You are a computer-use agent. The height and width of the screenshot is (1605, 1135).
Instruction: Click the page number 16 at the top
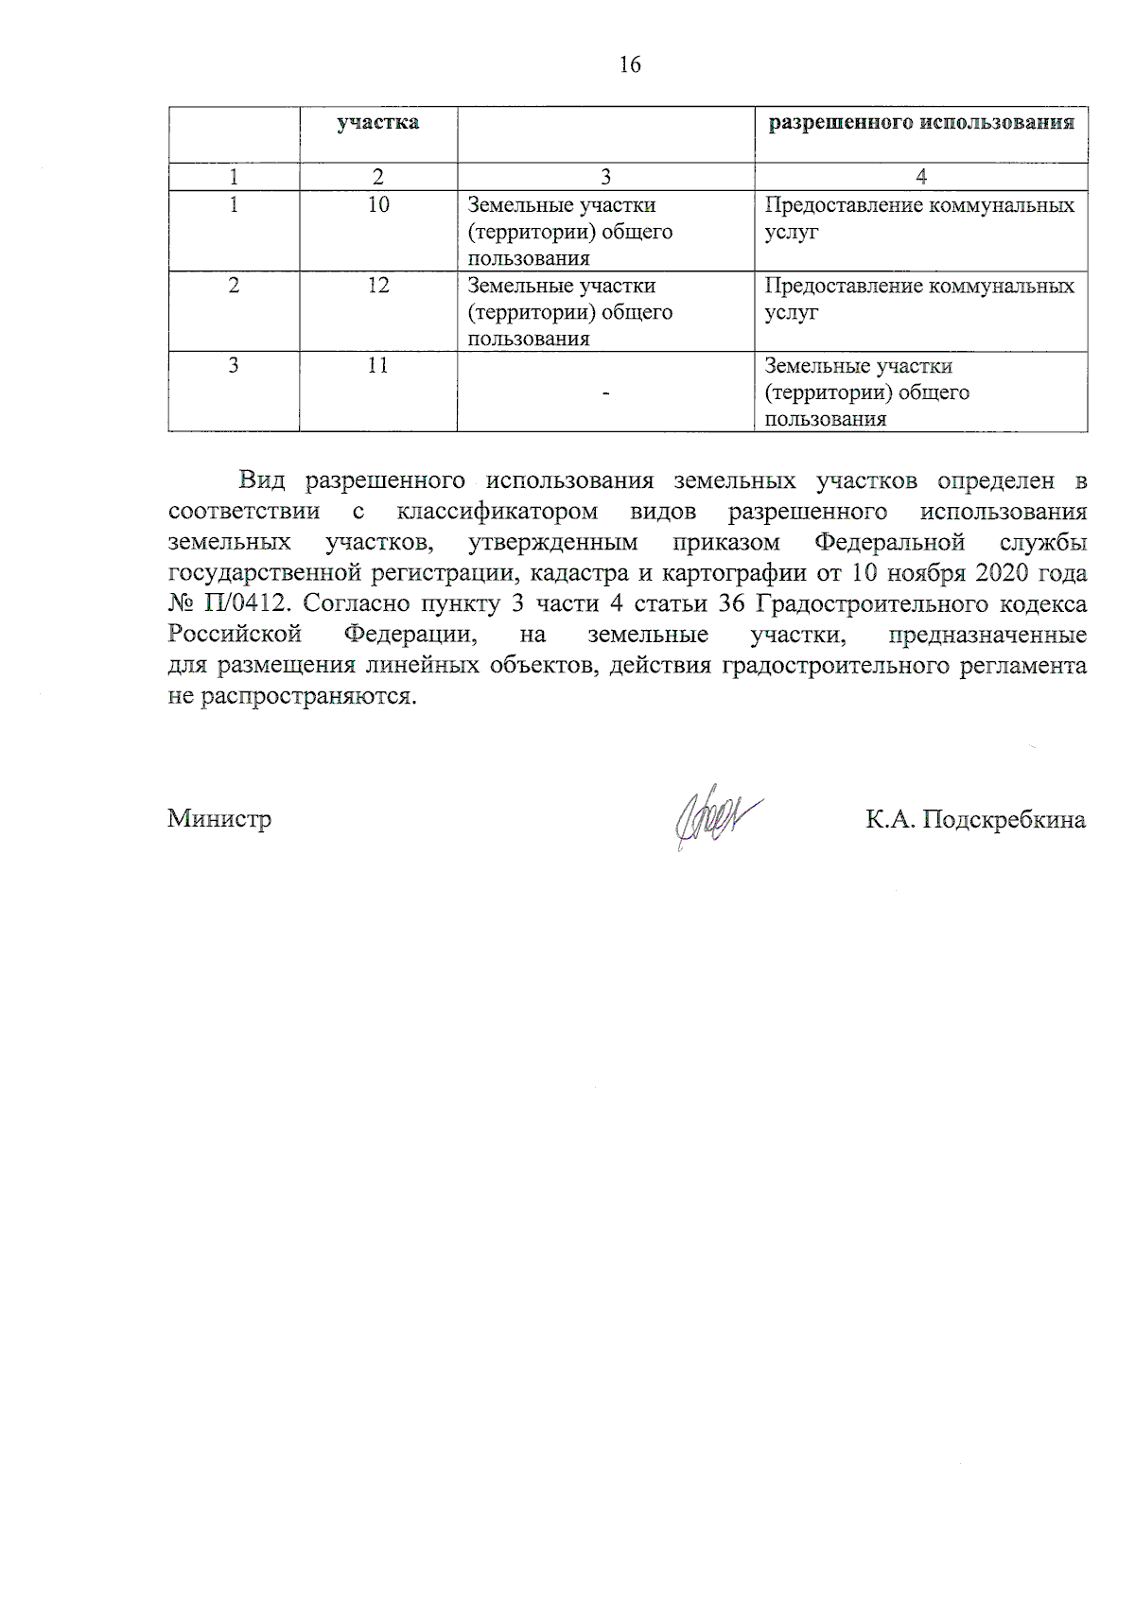click(x=630, y=64)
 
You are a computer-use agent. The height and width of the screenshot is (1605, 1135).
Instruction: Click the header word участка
click(x=378, y=123)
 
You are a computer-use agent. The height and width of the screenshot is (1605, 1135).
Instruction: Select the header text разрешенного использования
click(x=920, y=123)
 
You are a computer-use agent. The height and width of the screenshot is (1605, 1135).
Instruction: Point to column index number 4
click(x=921, y=177)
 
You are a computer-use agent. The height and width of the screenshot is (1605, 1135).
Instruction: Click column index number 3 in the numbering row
click(x=605, y=177)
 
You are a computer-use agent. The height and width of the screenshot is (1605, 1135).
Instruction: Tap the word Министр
click(x=219, y=819)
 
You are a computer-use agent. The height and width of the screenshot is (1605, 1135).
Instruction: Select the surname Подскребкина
click(x=1004, y=819)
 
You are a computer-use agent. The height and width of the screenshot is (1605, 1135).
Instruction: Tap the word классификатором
click(x=498, y=512)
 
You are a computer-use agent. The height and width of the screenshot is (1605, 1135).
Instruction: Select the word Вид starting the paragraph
click(x=262, y=480)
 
